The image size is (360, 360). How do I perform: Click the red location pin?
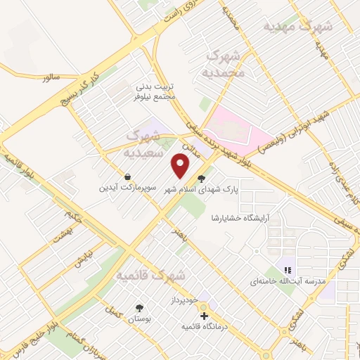point(181,166)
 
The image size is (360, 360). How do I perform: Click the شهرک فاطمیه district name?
point(150,274)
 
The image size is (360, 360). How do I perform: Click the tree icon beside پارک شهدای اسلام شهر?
point(202,179)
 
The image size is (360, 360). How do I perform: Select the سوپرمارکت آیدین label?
point(127,188)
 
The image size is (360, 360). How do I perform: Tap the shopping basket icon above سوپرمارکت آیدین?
point(127,177)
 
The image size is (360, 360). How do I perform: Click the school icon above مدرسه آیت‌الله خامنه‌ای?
point(287,269)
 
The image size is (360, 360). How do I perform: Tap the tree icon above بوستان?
point(139,307)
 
